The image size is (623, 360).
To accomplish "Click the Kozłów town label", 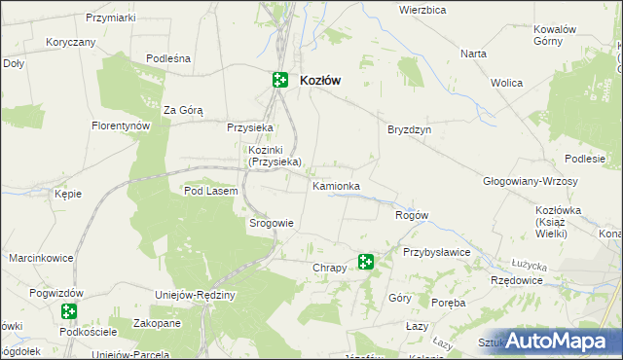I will point(320,81).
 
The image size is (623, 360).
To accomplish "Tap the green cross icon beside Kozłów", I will point(280,81).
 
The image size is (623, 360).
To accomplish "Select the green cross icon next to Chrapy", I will point(366,261).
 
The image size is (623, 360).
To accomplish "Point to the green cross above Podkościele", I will point(68,312).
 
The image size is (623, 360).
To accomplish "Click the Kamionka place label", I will point(337,186).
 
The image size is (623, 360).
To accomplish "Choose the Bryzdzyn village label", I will point(409,129).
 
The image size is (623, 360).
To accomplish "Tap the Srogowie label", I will point(272,223).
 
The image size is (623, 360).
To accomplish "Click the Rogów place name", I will point(411,215).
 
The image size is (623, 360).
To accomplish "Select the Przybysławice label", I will point(437,252).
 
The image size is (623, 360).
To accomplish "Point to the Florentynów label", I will point(120,126).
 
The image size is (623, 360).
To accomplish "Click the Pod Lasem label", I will point(210,192).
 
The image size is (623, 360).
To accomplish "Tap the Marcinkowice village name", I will point(42,259).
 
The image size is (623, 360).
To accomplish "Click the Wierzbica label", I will point(422,10).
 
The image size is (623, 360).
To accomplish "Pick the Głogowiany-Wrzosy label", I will point(531,182).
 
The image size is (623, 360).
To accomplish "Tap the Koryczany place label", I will point(70,43).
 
